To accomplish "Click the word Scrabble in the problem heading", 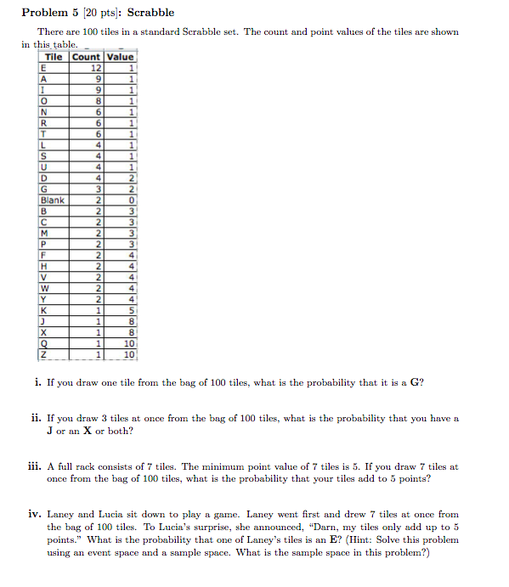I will coord(150,12).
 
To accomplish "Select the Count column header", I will coord(86,57).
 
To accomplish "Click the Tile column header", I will coord(54,57).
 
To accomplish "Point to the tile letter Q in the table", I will coord(42,343).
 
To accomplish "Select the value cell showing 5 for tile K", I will coord(131,311).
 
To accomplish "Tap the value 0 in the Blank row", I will coord(131,200).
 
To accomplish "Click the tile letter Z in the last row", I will coord(42,354).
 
